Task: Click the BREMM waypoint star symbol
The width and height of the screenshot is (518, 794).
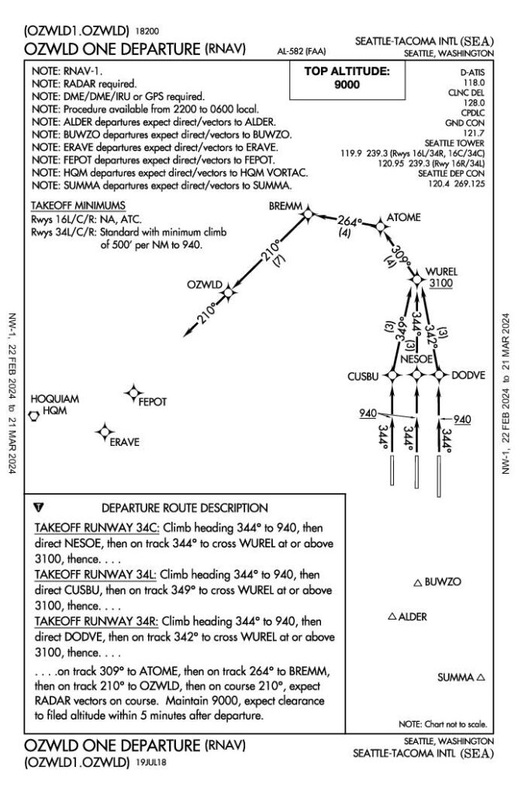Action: pyautogui.click(x=308, y=213)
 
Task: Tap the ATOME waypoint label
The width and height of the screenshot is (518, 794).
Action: pyautogui.click(x=403, y=218)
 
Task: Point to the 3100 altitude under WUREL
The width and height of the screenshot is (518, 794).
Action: pyautogui.click(x=440, y=285)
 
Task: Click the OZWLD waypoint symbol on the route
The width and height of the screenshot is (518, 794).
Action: pyautogui.click(x=229, y=292)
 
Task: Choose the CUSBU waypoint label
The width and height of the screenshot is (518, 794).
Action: pyautogui.click(x=363, y=376)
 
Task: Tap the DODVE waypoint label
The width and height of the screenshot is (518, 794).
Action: pyautogui.click(x=470, y=375)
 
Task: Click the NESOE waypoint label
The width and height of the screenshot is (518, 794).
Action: pyautogui.click(x=416, y=360)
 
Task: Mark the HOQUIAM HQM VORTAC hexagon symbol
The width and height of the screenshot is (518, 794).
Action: pyautogui.click(x=35, y=416)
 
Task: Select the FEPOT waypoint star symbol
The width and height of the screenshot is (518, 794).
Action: pyautogui.click(x=134, y=394)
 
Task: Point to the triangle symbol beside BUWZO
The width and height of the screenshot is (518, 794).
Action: pyautogui.click(x=418, y=582)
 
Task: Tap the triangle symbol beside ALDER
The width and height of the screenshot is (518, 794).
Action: pyautogui.click(x=392, y=617)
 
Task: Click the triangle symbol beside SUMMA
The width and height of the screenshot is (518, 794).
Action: pyautogui.click(x=481, y=677)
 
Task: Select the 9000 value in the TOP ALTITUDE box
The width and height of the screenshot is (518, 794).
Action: pyautogui.click(x=347, y=85)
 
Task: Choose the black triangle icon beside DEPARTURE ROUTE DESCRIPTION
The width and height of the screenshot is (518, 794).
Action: pyautogui.click(x=40, y=508)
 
